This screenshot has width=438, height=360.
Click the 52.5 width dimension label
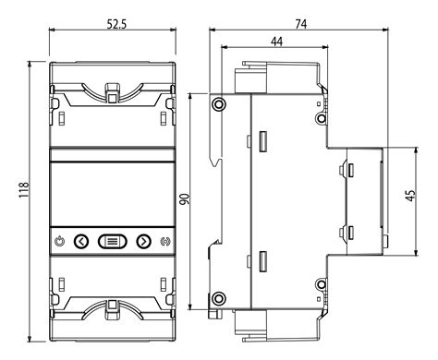[x=116, y=24]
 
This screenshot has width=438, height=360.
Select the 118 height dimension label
[x=24, y=190]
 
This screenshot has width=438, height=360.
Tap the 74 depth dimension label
[x=301, y=24]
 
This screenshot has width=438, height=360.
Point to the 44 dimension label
[x=276, y=42]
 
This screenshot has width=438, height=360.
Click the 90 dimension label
[x=185, y=199]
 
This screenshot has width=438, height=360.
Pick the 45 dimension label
[x=410, y=196]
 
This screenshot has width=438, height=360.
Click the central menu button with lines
[x=113, y=242]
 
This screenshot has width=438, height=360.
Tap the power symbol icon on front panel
[x=60, y=242]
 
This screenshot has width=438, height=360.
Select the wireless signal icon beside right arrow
[x=166, y=242]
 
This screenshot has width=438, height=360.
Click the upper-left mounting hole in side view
[x=218, y=104]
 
